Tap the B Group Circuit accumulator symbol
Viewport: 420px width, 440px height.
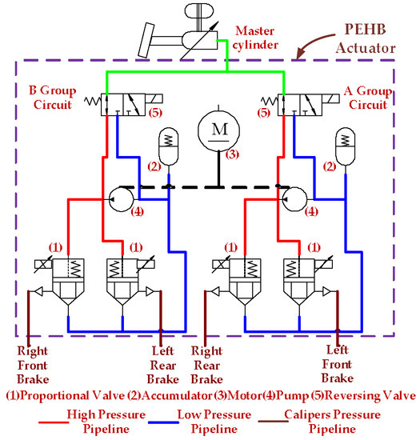tap(168, 146)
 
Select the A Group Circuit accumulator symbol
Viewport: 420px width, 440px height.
tap(346, 146)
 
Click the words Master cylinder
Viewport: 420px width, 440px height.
tap(255, 38)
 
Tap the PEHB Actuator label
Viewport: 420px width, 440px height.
tap(366, 38)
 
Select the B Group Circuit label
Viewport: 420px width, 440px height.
tap(53, 98)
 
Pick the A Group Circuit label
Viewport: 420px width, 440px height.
tap(368, 98)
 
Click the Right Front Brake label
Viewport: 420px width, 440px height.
tap(33, 365)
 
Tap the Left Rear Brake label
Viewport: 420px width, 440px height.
tap(163, 365)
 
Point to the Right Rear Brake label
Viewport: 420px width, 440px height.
tap(207, 365)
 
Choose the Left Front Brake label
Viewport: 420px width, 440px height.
tap(338, 364)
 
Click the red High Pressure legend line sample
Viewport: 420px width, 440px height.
tap(54, 422)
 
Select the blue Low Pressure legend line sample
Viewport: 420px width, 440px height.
tap(163, 422)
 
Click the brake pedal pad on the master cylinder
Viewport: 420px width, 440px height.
tap(146, 41)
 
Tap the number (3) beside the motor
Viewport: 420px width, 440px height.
tap(232, 154)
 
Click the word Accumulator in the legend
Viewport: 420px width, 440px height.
tap(177, 396)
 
